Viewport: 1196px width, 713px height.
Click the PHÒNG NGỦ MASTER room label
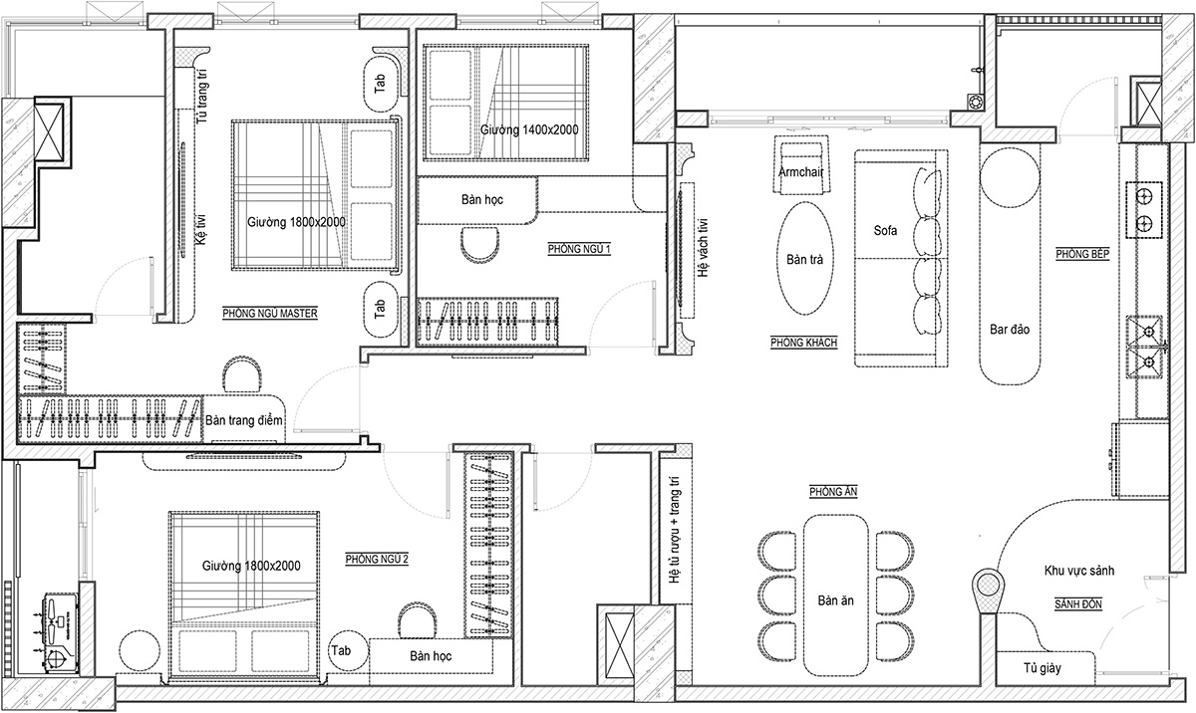[270, 313]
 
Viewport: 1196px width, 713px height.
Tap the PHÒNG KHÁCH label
[803, 343]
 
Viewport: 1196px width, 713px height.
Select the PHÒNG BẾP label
[1082, 254]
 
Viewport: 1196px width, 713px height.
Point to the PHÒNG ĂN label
[833, 491]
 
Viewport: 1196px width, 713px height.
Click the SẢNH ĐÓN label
[1078, 604]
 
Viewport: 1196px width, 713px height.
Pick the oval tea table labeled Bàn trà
[804, 258]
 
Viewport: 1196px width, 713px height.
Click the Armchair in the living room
[801, 165]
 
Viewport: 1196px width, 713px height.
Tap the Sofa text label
[885, 230]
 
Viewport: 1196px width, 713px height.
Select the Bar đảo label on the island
[1010, 329]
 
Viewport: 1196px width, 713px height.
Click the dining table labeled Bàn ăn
[835, 595]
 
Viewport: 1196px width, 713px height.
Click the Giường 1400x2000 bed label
[529, 129]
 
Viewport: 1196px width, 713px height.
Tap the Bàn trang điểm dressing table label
[244, 420]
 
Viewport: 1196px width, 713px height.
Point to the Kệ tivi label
[201, 230]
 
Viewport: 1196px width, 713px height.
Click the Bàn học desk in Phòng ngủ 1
[477, 200]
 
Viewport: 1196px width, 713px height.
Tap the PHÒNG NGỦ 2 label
[377, 559]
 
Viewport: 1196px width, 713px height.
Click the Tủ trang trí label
[201, 97]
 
